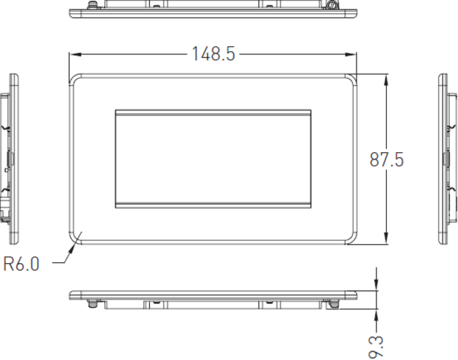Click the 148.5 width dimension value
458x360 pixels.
click(x=213, y=54)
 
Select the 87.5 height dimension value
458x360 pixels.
click(x=387, y=159)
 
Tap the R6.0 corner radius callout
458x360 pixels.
click(x=21, y=264)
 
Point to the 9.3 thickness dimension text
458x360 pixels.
click(x=376, y=347)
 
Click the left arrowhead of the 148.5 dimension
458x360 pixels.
click(x=76, y=54)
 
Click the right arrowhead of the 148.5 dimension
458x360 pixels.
click(x=351, y=54)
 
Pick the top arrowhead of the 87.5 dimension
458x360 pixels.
click(x=387, y=79)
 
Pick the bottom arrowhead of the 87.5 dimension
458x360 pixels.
click(x=387, y=238)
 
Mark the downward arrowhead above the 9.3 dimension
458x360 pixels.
click(x=376, y=285)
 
